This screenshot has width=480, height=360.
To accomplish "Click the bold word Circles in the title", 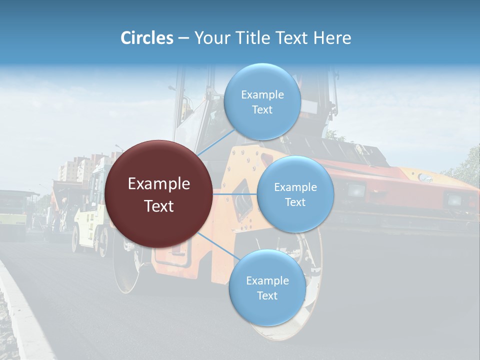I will (146, 38).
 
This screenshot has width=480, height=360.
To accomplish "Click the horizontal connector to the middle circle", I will (234, 194).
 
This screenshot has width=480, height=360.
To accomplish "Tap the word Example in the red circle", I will (159, 184).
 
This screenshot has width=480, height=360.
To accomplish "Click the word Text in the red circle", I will (159, 206).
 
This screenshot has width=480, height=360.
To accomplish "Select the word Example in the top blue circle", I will (262, 94).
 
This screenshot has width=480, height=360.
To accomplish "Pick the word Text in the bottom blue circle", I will (267, 295).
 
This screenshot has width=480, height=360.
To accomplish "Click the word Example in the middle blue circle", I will (295, 187).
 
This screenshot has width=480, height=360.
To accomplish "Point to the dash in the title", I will (183, 38).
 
